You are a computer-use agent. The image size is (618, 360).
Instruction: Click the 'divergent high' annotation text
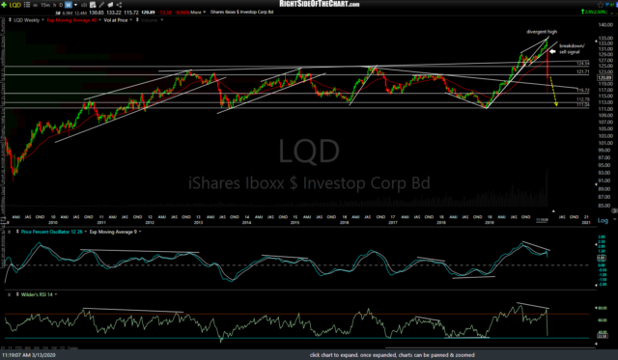(x=542, y=32)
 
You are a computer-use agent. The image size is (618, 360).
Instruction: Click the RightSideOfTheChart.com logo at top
(x=308, y=4)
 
